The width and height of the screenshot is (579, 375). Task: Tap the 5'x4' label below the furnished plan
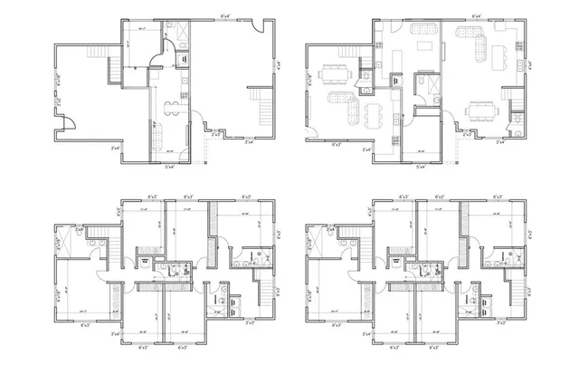[419, 167]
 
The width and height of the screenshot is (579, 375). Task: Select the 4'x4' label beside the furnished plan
[530, 65]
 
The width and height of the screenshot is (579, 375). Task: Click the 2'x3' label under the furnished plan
[467, 135]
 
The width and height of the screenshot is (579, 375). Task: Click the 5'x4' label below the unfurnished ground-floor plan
[169, 167]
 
